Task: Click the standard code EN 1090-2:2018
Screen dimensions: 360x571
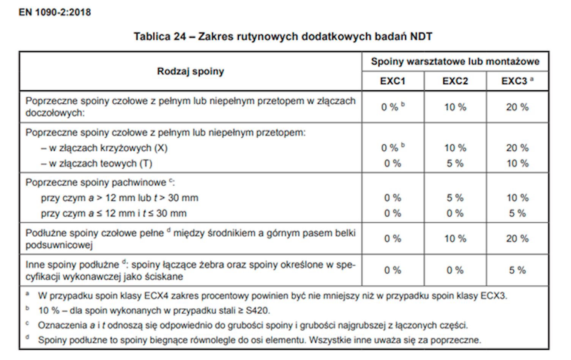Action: [55, 12]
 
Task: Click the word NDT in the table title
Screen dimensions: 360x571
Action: [421, 36]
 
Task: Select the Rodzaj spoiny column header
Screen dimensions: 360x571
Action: [191, 71]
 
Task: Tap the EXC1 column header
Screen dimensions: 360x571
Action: [393, 81]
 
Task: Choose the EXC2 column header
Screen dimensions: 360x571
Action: [455, 81]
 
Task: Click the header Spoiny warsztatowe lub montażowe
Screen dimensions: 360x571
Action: [455, 61]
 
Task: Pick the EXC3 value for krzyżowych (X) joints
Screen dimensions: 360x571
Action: [517, 148]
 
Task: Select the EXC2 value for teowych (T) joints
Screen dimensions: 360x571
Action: [455, 163]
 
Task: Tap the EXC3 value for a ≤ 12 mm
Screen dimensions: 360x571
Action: [517, 213]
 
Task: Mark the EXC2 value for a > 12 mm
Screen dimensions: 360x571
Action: [455, 198]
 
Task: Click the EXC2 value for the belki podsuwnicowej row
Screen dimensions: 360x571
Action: [455, 239]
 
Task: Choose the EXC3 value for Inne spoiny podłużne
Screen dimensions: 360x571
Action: [517, 270]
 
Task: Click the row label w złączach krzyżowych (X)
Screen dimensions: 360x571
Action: [104, 148]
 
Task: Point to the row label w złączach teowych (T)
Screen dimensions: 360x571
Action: [97, 163]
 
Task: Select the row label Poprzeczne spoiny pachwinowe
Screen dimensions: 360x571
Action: [96, 182]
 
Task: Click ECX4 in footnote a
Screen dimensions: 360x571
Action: [156, 296]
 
